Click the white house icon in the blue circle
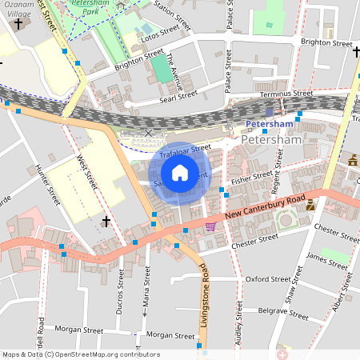tap(180, 173)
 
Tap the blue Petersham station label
tap(269, 124)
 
